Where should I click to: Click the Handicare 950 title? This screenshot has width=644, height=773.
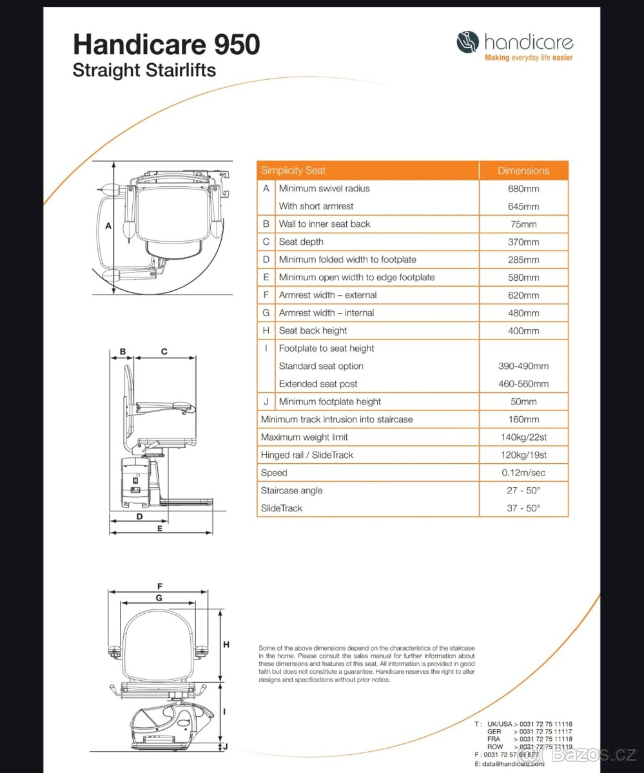tap(166, 45)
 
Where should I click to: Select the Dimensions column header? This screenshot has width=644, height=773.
tap(523, 171)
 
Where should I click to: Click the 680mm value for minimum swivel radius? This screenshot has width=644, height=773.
tap(523, 189)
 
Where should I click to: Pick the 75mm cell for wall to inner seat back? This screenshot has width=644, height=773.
tap(523, 224)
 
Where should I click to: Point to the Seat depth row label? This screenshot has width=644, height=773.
tap(301, 242)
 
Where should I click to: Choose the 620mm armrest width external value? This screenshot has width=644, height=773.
tap(523, 295)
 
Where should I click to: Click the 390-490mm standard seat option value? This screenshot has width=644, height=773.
tap(523, 366)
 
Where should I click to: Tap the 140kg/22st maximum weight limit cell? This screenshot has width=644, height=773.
tap(523, 437)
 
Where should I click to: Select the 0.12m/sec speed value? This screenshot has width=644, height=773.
tap(523, 473)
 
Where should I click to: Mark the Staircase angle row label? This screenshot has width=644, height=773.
tap(291, 490)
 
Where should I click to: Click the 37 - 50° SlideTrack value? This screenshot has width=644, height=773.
tap(523, 508)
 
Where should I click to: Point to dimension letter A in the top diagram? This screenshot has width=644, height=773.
tap(108, 226)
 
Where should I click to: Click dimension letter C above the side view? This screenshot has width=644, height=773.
tap(164, 352)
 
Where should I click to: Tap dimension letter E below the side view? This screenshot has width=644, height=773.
tap(160, 528)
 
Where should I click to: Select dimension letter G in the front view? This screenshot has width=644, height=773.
tap(159, 598)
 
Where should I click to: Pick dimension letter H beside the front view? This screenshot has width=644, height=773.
tap(226, 644)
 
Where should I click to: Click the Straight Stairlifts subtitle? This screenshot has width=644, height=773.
tap(144, 70)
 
